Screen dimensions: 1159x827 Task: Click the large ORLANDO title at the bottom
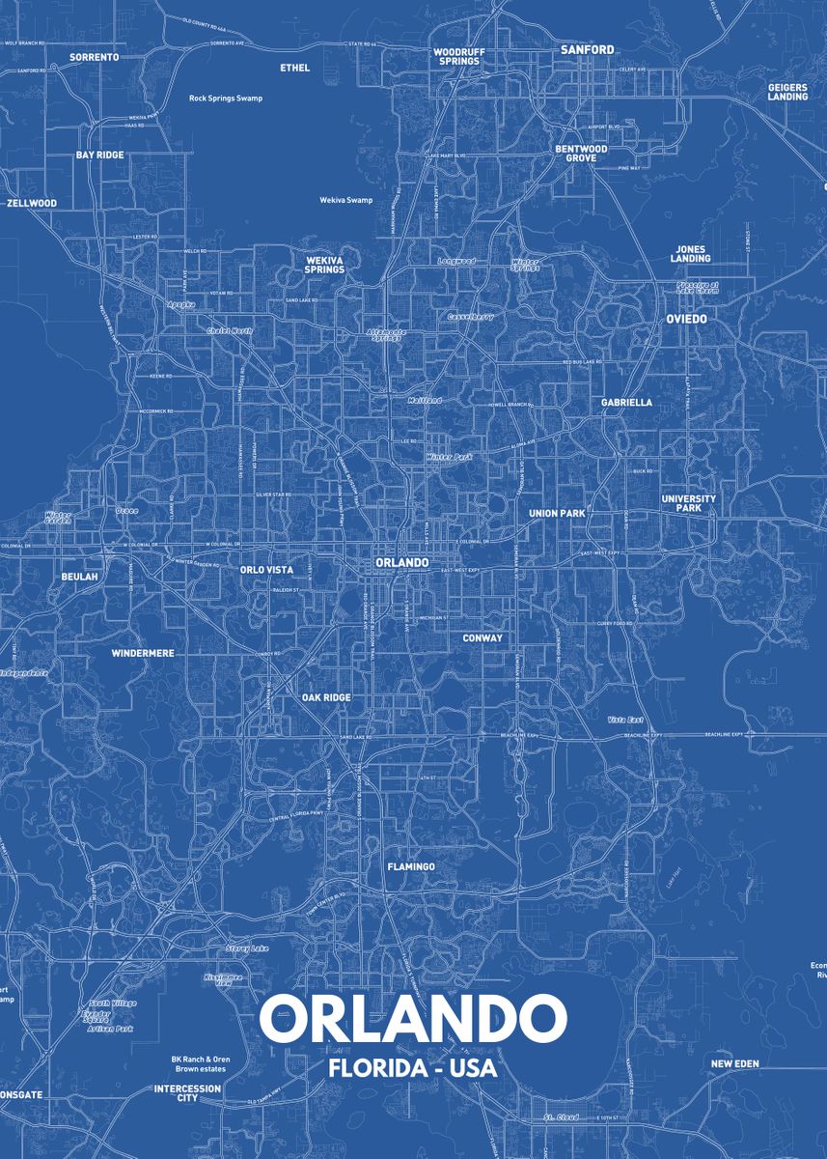pyautogui.click(x=413, y=1018)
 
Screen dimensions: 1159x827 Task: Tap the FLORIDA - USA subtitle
pyautogui.click(x=413, y=1069)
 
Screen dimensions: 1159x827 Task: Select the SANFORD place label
pyautogui.click(x=588, y=49)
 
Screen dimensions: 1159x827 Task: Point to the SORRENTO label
pyautogui.click(x=95, y=57)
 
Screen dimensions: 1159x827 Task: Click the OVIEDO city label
pyautogui.click(x=686, y=319)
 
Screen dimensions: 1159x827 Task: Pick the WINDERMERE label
pyautogui.click(x=143, y=653)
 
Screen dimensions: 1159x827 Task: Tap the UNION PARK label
pyautogui.click(x=557, y=513)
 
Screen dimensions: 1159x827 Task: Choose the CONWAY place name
pyautogui.click(x=482, y=637)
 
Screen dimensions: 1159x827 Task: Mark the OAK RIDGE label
pyautogui.click(x=326, y=697)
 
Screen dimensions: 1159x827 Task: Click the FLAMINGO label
pyautogui.click(x=411, y=867)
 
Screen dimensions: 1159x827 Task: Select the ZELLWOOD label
pyautogui.click(x=32, y=204)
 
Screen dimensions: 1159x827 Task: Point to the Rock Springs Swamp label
pyautogui.click(x=226, y=99)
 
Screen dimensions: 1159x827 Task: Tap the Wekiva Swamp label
pyautogui.click(x=345, y=200)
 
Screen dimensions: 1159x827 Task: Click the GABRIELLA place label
pyautogui.click(x=626, y=402)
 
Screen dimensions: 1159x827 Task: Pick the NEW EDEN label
pyautogui.click(x=734, y=1063)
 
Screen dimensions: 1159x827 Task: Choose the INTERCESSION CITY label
pyautogui.click(x=187, y=1093)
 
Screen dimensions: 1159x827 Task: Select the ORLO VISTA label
pyautogui.click(x=266, y=570)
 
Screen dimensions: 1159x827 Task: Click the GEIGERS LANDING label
pyautogui.click(x=787, y=92)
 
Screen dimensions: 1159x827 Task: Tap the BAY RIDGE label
pyautogui.click(x=100, y=155)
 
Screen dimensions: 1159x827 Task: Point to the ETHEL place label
pyautogui.click(x=294, y=68)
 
